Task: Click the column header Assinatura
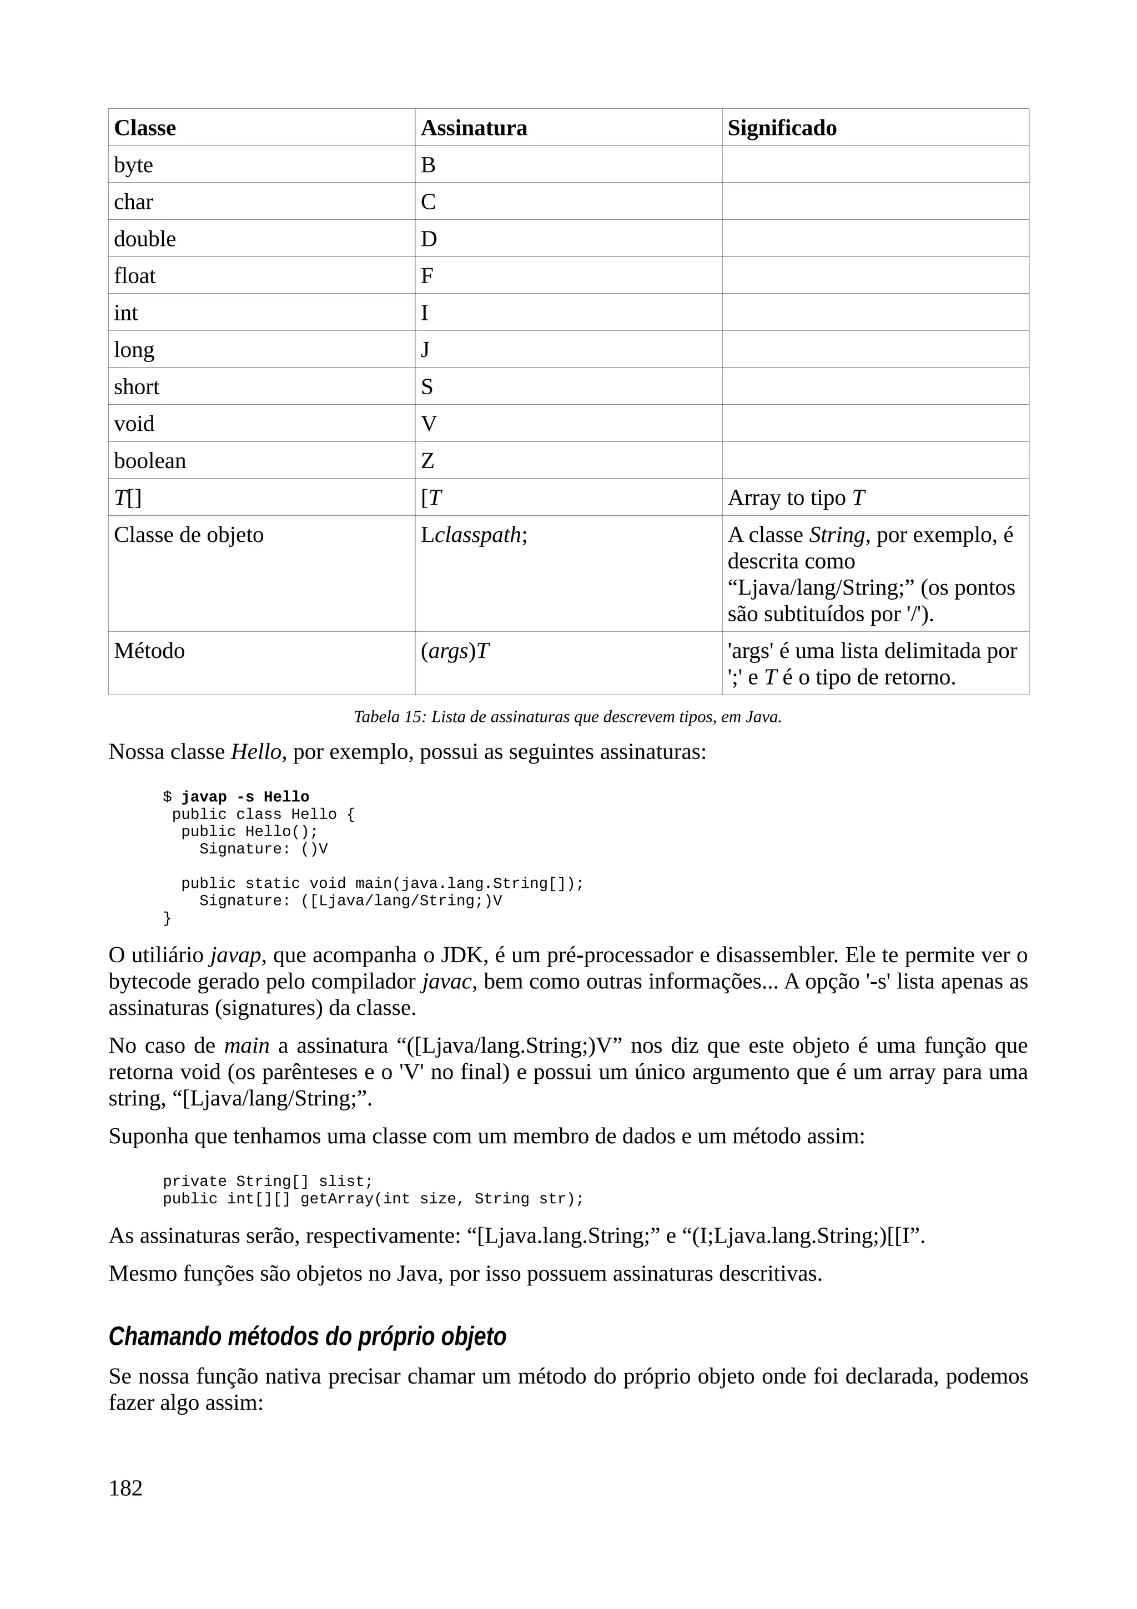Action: coord(474,128)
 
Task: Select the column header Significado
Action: coord(782,128)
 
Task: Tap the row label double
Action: coord(145,239)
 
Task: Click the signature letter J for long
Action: coord(425,350)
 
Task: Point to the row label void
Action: coord(134,424)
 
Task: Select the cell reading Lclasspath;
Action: coord(474,535)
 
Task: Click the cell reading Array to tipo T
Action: coord(797,498)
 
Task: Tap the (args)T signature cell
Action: coord(455,652)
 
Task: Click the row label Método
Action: coord(149,652)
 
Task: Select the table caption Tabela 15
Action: coord(567,717)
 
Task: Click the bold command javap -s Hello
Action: coord(245,797)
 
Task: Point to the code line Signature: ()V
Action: coord(263,849)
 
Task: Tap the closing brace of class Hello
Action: coord(167,918)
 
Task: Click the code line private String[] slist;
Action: coord(268,1181)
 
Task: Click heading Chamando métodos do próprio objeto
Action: coord(307,1336)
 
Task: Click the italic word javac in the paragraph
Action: coord(446,982)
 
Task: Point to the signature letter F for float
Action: coord(426,276)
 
